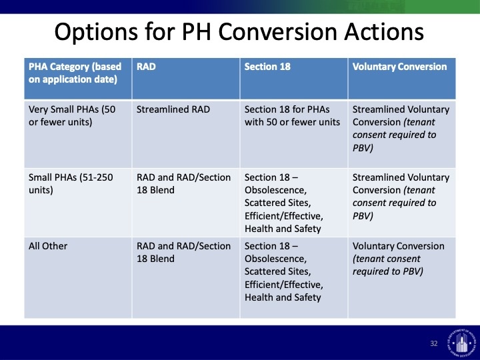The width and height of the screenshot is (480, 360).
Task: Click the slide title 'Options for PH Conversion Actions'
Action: [239, 31]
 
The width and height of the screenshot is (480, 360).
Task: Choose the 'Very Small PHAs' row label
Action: [72, 116]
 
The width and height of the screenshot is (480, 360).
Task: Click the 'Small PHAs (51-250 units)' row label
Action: [71, 184]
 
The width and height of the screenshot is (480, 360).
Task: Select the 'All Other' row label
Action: [48, 246]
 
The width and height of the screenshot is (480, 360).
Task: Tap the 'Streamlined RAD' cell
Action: [173, 109]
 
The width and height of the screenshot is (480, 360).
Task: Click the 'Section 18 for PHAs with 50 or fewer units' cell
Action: [292, 116]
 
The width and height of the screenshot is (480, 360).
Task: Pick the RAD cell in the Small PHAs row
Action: [183, 184]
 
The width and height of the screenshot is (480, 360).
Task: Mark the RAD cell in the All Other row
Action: [183, 252]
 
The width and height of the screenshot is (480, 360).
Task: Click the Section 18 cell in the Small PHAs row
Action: [284, 203]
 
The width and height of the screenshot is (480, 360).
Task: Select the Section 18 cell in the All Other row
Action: [284, 271]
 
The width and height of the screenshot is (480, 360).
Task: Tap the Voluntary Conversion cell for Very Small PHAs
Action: [401, 129]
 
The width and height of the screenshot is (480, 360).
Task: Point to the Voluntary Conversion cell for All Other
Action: [398, 259]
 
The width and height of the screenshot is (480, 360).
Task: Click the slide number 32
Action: [434, 343]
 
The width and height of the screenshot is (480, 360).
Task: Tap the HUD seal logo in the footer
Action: [461, 341]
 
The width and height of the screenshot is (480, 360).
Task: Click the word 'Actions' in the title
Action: [384, 31]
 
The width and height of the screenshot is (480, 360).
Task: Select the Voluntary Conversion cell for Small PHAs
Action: [401, 197]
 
